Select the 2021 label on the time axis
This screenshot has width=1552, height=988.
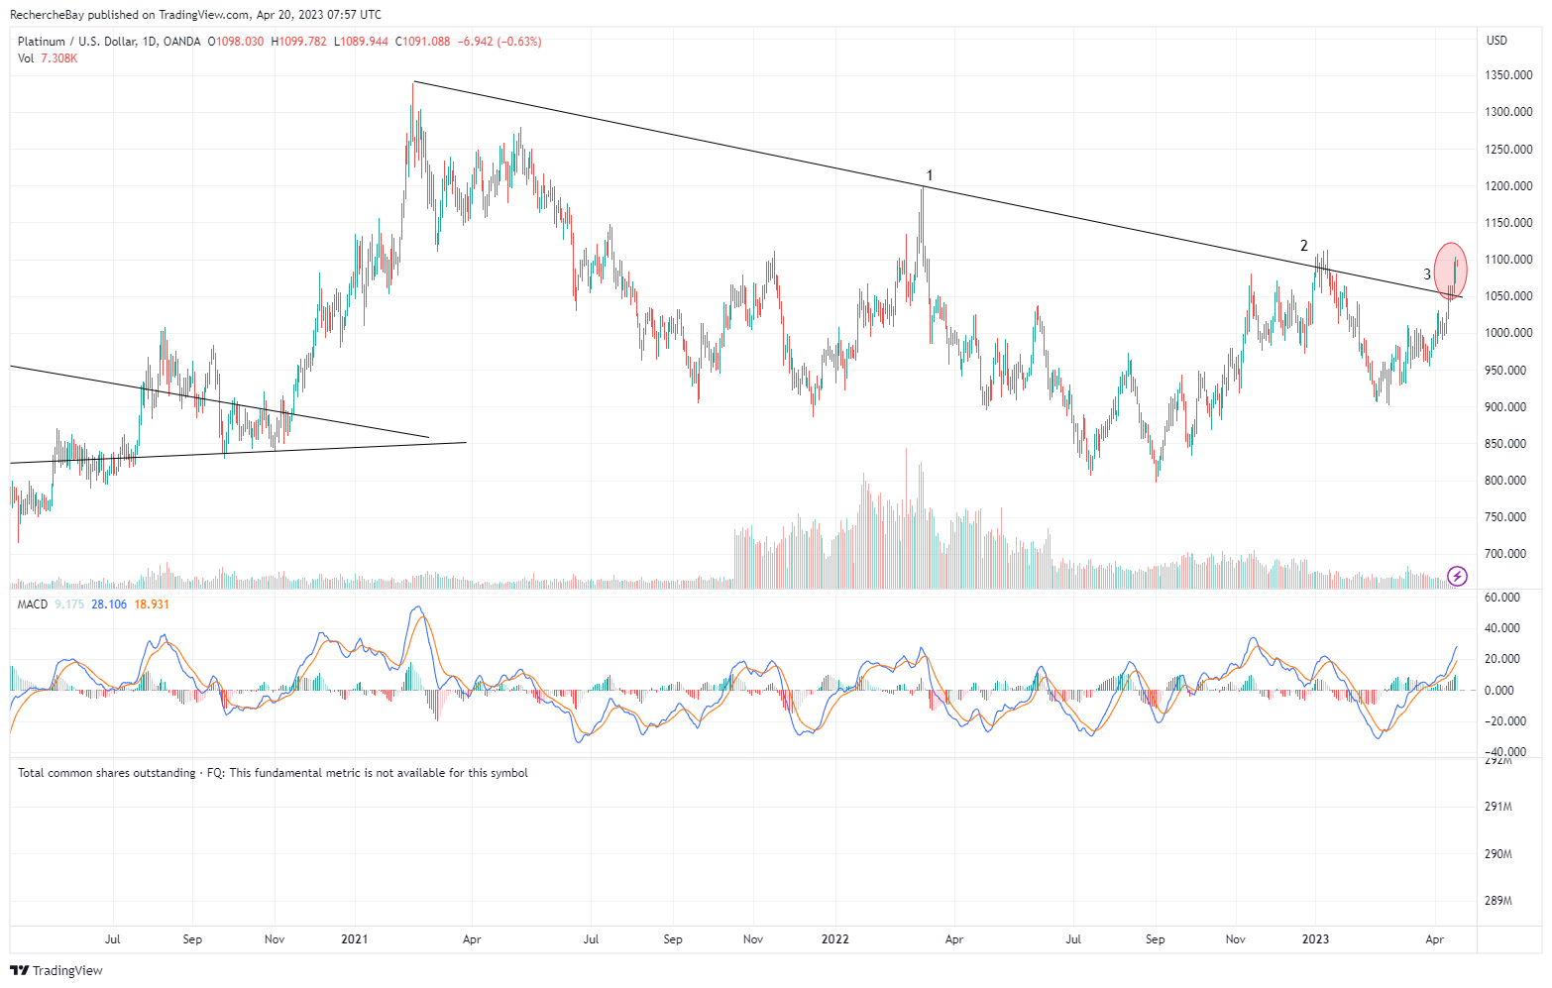(x=354, y=938)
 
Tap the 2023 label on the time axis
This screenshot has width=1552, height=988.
(x=1315, y=938)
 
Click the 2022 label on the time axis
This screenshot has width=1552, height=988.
(x=834, y=938)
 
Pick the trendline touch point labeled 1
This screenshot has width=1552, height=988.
(x=929, y=176)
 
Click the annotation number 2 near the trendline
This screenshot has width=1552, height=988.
(x=1304, y=246)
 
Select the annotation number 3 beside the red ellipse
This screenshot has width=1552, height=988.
(x=1427, y=274)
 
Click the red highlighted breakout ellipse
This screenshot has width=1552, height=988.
(x=1451, y=270)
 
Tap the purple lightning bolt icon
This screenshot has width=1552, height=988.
(x=1457, y=576)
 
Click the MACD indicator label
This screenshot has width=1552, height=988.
(x=33, y=604)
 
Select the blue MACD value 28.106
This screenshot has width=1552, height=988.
(x=109, y=604)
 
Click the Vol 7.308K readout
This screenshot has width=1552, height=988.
(x=48, y=58)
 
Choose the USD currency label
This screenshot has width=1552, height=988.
(x=1497, y=41)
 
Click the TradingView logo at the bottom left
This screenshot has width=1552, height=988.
(x=57, y=970)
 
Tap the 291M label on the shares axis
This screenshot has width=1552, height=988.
(x=1498, y=807)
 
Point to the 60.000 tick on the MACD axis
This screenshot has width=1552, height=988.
(x=1503, y=598)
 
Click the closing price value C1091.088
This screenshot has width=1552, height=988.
(x=422, y=42)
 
